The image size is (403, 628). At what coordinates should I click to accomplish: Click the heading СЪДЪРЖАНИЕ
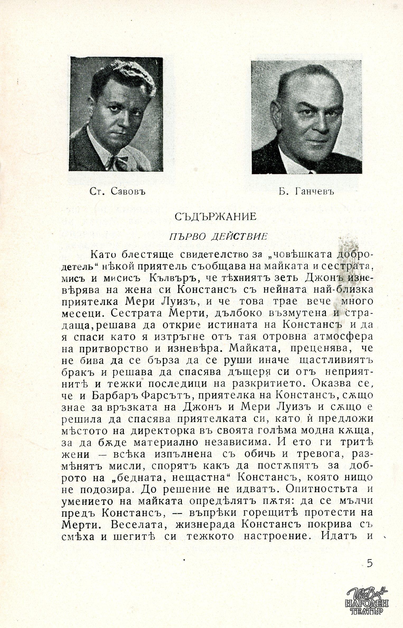click(x=215, y=217)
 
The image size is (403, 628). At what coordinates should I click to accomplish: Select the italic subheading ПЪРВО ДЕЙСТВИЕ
click(x=218, y=236)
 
